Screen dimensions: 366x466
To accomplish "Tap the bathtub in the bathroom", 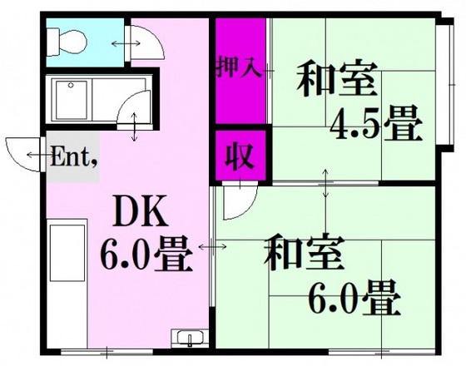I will (x=82, y=101).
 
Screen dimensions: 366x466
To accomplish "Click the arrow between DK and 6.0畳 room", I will (x=211, y=247).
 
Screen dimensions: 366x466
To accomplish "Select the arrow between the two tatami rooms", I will (x=325, y=184).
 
